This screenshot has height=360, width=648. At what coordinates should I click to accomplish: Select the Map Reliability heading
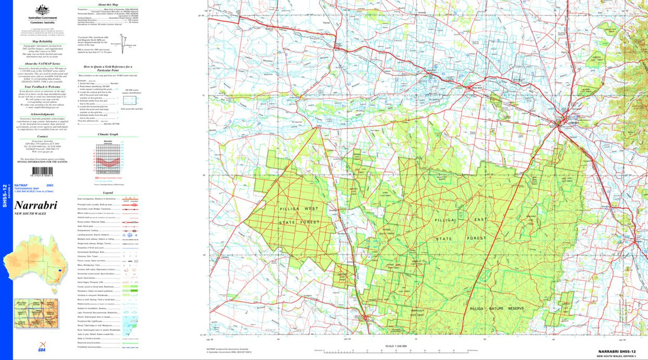tap(42, 41)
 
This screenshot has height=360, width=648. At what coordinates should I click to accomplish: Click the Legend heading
tap(107, 192)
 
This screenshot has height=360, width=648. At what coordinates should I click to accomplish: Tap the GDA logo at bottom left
tap(27, 350)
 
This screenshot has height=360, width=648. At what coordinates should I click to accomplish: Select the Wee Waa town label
tap(476, 87)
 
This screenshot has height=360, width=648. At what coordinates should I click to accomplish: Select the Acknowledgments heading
tap(42, 114)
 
